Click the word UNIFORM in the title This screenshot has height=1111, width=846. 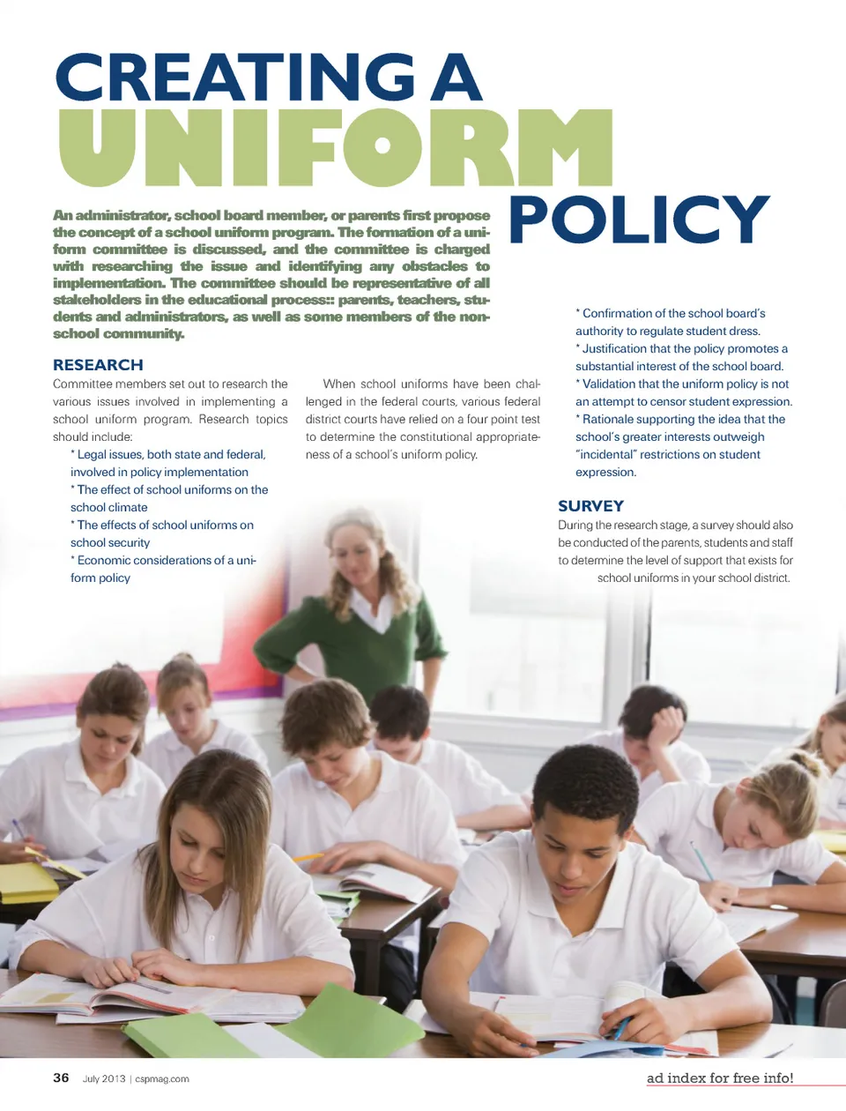pos(335,147)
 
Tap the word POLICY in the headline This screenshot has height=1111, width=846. pos(639,220)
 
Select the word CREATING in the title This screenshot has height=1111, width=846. pos(234,78)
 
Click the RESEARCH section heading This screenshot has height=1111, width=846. pos(98,365)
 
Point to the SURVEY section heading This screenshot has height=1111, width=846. pos(590,506)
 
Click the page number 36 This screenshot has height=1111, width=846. pos(61,1077)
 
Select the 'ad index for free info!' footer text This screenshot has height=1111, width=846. pos(719,1077)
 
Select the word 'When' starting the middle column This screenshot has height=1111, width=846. pos(339,384)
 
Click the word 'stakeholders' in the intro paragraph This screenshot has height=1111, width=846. pos(97,300)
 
